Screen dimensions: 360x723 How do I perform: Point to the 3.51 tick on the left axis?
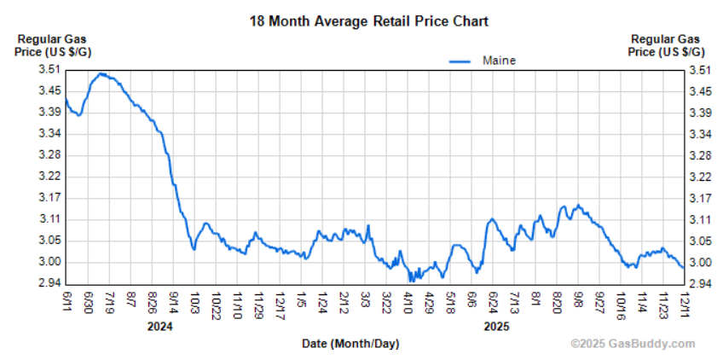pos(48,70)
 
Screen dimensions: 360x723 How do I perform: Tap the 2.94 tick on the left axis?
pos(48,284)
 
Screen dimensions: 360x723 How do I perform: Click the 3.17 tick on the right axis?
pos(699,198)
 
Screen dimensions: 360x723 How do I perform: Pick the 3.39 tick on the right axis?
pos(699,113)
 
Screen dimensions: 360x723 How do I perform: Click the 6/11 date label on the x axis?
pos(67,300)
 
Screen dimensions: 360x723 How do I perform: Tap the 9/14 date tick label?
pos(173,302)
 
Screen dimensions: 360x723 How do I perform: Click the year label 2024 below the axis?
pos(160,326)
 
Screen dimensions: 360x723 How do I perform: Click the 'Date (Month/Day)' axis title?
pos(350,343)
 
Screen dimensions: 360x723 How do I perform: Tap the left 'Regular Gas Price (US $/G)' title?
pos(53,45)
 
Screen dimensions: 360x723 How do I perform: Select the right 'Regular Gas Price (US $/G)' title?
pos(665,45)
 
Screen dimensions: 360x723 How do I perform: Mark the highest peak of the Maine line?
pos(101,73)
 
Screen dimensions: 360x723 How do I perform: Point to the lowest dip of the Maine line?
pos(410,280)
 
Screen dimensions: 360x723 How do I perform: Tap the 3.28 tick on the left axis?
pos(48,155)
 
